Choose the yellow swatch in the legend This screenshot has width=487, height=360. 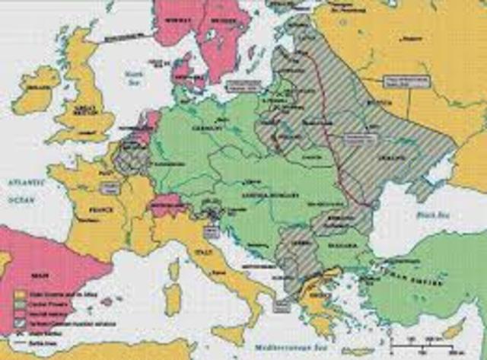click(x=21, y=292)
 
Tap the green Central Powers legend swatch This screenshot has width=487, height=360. click(x=21, y=302)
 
